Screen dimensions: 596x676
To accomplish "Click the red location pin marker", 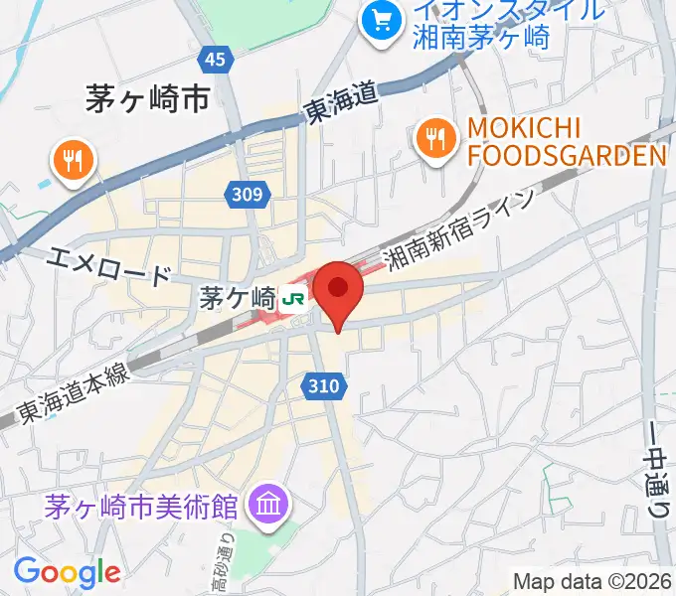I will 339,290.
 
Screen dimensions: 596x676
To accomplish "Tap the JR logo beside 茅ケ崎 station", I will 292,297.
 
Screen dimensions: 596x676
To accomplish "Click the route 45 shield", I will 215,61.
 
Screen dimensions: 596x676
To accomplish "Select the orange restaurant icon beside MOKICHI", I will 434,139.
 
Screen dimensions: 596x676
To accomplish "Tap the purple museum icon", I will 268,505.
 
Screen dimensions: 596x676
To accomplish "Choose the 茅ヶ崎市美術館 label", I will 141,507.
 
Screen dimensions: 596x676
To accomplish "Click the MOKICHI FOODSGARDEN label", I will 565,143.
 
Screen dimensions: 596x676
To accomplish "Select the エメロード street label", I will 110,267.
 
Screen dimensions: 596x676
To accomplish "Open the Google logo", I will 67,572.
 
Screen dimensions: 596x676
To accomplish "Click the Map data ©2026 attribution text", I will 592,581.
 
